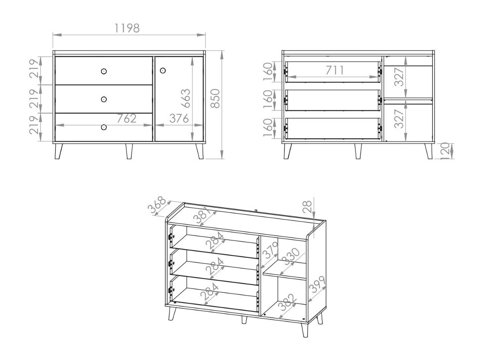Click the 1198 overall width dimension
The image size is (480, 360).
tap(127, 28)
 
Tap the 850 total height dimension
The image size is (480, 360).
tap(215, 99)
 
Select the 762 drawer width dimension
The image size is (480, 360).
tap(126, 118)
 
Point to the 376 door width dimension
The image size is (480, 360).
tap(179, 118)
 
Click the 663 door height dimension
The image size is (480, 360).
tap(186, 98)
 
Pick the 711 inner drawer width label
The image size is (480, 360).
tap(335, 70)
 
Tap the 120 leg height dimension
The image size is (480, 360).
tap(445, 151)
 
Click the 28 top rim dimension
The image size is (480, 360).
tap(307, 207)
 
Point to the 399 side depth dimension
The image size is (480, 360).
tap(317, 284)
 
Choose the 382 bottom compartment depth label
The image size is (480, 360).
tap(287, 303)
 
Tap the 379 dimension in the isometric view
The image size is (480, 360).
tap(270, 251)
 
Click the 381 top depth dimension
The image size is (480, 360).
tap(202, 215)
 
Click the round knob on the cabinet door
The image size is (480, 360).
tap(163, 71)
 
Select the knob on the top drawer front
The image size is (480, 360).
tap(104, 71)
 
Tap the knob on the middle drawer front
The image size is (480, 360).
tap(104, 99)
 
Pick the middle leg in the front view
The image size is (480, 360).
tap(129, 151)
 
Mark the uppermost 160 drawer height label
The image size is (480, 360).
tap(268, 72)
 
